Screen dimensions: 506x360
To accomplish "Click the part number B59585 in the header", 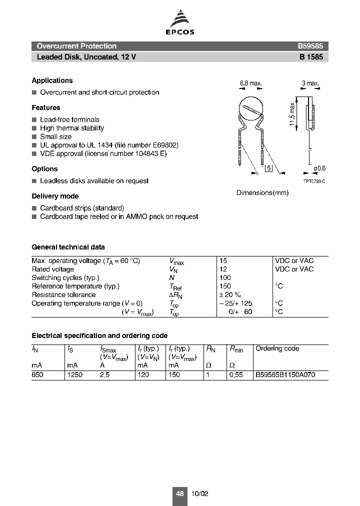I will coord(310,46).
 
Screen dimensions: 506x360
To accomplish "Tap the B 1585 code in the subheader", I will coord(311,57).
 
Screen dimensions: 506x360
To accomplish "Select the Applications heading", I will coord(52,80).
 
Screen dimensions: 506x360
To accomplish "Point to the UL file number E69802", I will coord(161,145).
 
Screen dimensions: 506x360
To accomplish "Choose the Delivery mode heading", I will coord(55,196).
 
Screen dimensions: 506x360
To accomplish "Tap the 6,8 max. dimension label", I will coord(251,83).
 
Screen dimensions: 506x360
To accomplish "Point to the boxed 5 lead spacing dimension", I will coord(268,168).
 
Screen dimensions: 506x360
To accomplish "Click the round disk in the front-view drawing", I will coord(251,109).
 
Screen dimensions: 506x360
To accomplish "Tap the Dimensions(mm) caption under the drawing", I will coord(262,193).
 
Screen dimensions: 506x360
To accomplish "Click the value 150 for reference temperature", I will coord(225,286).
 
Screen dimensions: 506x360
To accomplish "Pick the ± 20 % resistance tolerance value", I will coord(230,295).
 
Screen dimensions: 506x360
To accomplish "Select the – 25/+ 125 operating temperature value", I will coord(236,303).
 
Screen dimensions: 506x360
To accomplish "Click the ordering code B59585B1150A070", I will coord(285,374).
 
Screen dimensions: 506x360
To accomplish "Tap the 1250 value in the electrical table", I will coord(74,374).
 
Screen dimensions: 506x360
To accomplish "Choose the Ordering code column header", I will coord(277,348).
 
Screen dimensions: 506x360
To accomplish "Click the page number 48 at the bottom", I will coord(180,493).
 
